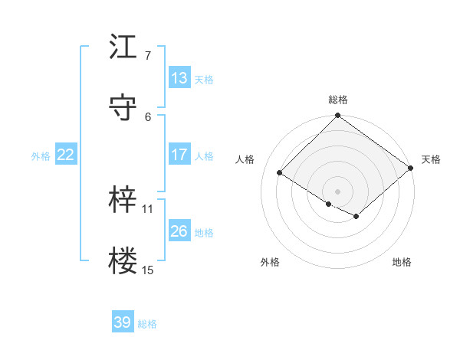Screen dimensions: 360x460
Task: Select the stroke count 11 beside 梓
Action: (148, 208)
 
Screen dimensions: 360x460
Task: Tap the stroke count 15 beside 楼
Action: (148, 270)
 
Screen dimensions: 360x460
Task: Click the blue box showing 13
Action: (179, 78)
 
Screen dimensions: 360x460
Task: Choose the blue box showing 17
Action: (179, 155)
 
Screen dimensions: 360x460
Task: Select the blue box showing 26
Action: (179, 231)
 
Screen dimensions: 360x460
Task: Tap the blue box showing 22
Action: (66, 155)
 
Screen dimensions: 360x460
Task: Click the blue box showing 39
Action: (123, 322)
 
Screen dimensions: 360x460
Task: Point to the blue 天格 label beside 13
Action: (204, 79)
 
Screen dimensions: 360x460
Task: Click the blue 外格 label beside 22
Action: (41, 155)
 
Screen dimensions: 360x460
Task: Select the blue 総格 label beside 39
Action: (147, 324)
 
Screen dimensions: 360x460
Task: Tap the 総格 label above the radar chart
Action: (338, 100)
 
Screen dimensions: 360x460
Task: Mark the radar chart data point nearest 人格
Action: (280, 173)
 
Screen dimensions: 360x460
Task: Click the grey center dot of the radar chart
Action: (338, 191)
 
